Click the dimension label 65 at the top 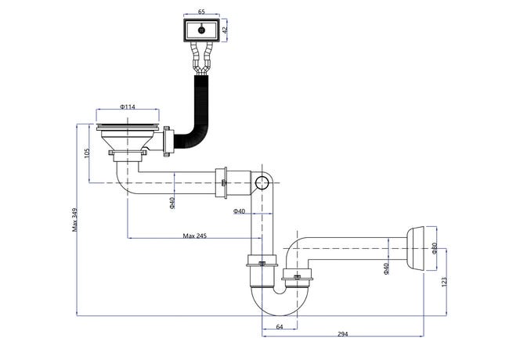click(201, 12)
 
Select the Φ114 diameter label click(127, 106)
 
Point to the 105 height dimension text click(87, 153)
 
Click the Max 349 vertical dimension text click(75, 220)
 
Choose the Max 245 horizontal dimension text click(195, 236)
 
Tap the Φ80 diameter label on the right click(435, 248)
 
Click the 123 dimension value click(445, 281)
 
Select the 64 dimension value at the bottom click(280, 326)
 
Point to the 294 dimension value click(342, 334)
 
